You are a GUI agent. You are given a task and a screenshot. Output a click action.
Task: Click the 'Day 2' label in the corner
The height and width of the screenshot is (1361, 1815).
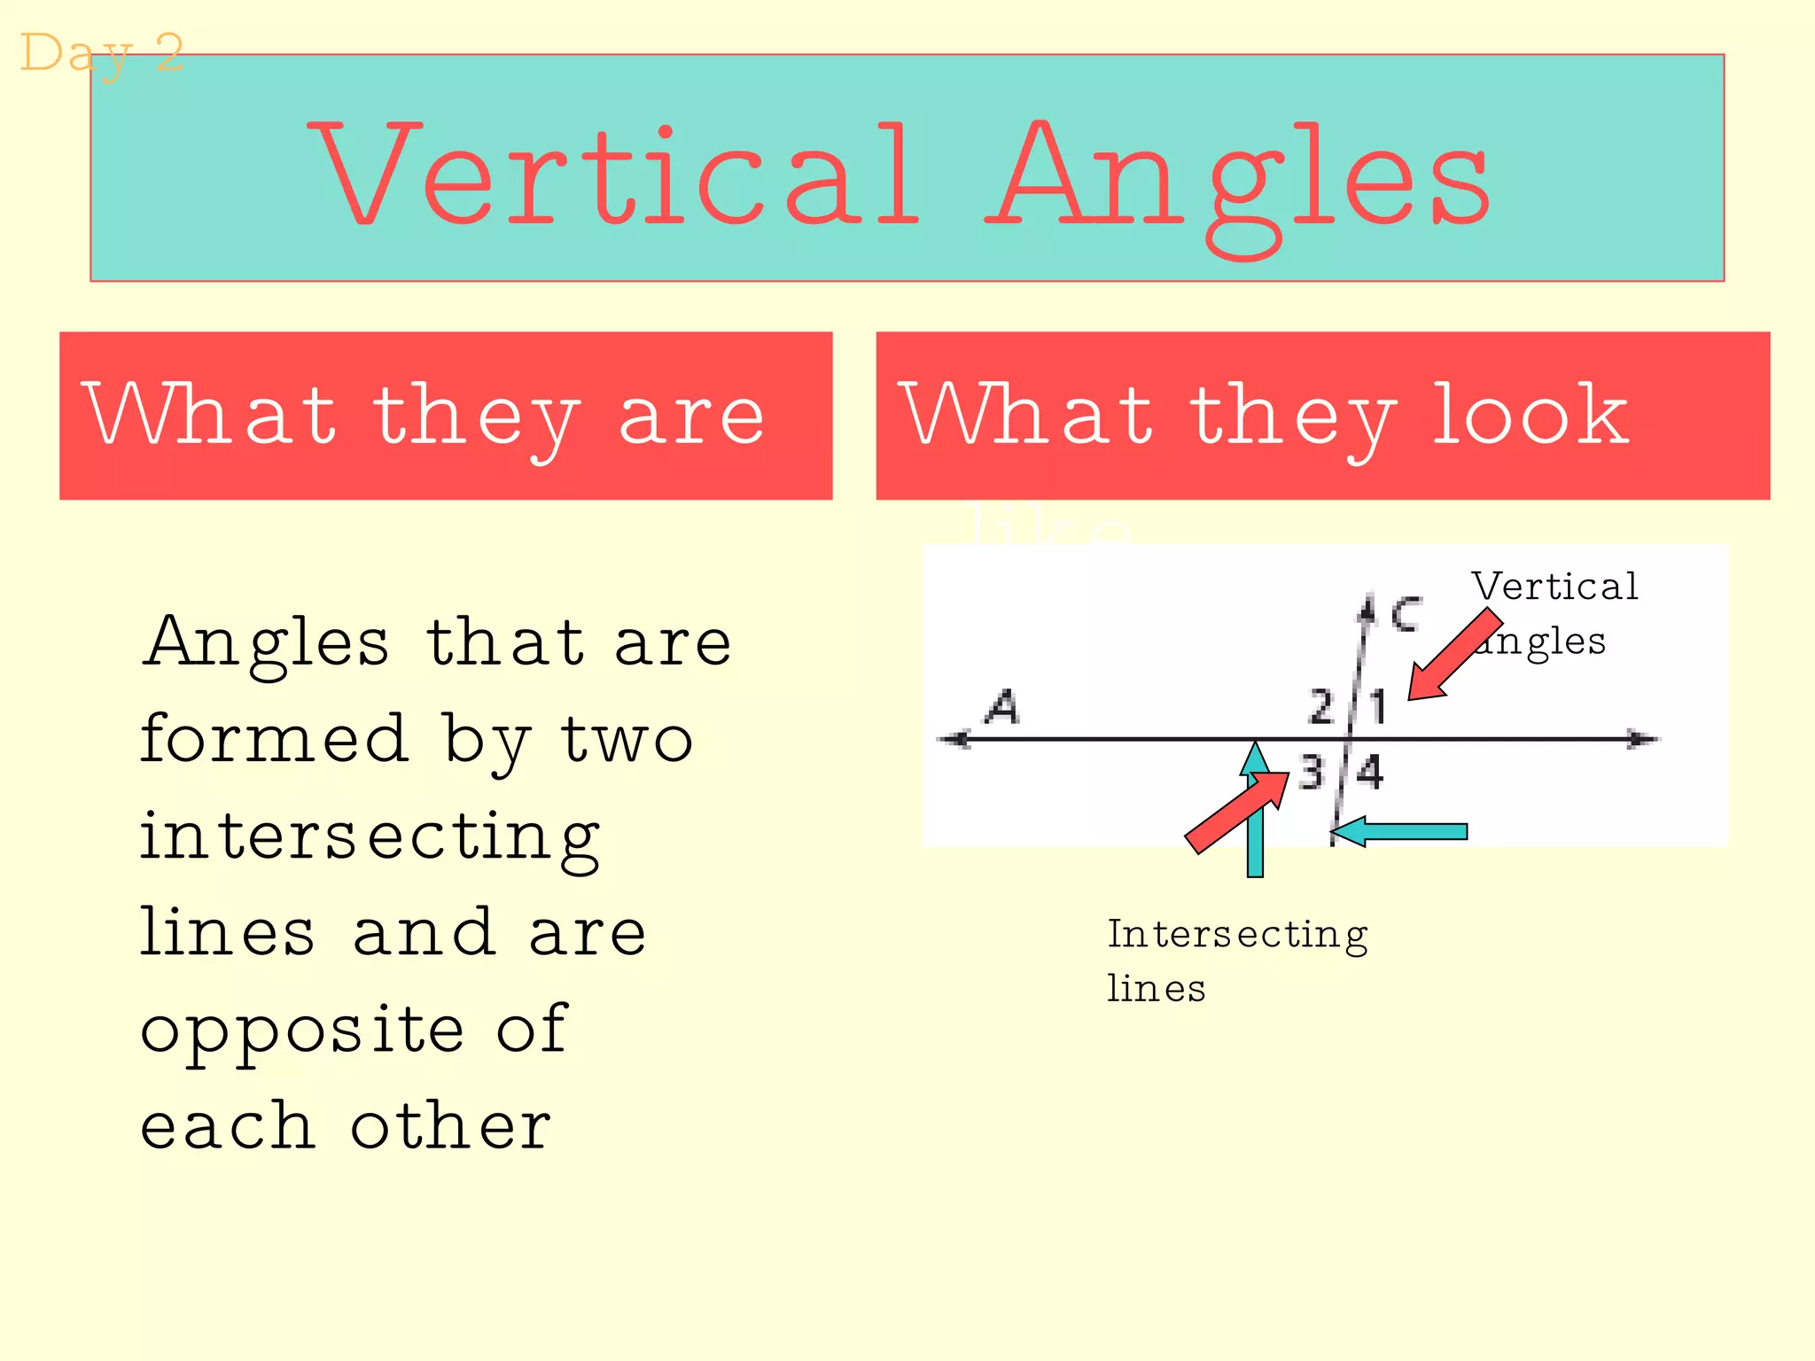(x=101, y=53)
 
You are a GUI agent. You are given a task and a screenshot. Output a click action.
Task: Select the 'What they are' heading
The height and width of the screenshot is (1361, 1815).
(x=424, y=415)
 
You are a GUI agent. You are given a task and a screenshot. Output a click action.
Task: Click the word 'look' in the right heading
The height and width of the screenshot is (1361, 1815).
(x=1531, y=414)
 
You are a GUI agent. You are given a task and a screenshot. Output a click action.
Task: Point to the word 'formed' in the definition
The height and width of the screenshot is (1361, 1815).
(x=275, y=739)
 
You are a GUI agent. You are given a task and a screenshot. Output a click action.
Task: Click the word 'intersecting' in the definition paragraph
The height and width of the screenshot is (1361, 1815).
(x=370, y=836)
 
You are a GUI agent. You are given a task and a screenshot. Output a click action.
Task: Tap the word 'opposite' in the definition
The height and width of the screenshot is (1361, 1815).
(x=302, y=1030)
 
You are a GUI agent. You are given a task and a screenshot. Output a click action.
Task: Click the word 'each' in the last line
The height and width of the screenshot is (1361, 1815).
(x=227, y=1126)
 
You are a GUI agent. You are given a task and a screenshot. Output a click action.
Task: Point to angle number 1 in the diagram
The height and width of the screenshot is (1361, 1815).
(x=1377, y=707)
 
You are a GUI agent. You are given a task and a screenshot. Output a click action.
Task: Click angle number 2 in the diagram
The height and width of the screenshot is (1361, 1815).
(x=1321, y=707)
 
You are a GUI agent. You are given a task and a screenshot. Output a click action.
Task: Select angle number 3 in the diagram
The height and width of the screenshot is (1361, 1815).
(x=1312, y=772)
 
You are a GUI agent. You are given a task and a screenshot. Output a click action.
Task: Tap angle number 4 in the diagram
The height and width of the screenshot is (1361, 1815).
(x=1370, y=772)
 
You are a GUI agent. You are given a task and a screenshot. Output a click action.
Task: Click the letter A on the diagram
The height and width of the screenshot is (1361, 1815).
(x=1003, y=707)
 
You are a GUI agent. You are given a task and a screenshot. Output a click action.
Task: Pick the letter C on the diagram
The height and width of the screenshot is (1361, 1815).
(x=1406, y=613)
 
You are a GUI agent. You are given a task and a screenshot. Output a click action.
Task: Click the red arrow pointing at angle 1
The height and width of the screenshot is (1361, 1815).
(x=1453, y=656)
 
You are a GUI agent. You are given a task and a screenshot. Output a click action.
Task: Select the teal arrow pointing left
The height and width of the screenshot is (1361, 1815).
(x=1400, y=831)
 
